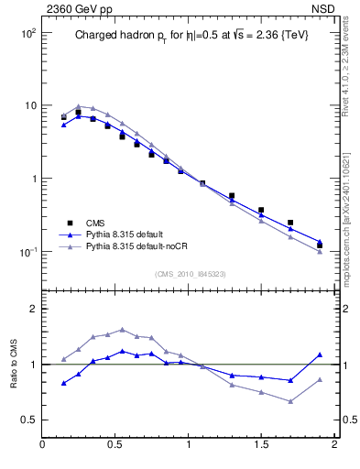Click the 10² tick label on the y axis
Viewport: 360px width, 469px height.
(27, 33)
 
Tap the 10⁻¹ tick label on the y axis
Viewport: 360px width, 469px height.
(27, 252)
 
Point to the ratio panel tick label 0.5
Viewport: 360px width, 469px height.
(28, 420)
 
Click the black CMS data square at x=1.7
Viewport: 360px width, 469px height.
(290, 223)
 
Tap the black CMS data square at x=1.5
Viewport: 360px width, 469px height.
(261, 210)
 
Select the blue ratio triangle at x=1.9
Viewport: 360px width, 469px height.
(320, 354)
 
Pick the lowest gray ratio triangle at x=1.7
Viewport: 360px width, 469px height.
(290, 401)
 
